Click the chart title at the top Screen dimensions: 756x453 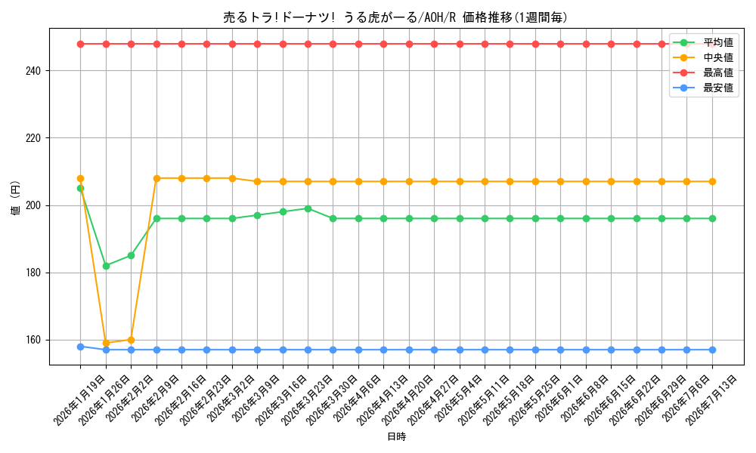coord(395,17)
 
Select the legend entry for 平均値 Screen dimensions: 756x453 coord(703,42)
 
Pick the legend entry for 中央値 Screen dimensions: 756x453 coord(703,58)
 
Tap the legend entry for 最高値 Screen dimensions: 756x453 coord(703,72)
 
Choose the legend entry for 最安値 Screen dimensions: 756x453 coord(703,88)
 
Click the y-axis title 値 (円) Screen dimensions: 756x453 coord(15,198)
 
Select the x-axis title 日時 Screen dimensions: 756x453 coord(397,436)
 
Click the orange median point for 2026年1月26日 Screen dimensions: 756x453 coord(106,344)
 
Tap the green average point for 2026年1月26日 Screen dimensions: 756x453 coord(106,266)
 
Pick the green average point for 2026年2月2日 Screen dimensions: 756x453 coord(131,256)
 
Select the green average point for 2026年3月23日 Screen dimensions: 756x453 coord(308,208)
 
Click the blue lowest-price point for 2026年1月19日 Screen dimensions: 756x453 coord(81,347)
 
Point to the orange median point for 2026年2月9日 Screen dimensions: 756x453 coord(156,178)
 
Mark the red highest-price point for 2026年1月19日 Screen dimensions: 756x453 coord(81,45)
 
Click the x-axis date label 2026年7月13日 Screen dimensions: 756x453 coord(711,400)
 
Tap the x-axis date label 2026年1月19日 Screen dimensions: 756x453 coord(79,400)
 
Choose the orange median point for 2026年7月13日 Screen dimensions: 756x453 coord(713,181)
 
